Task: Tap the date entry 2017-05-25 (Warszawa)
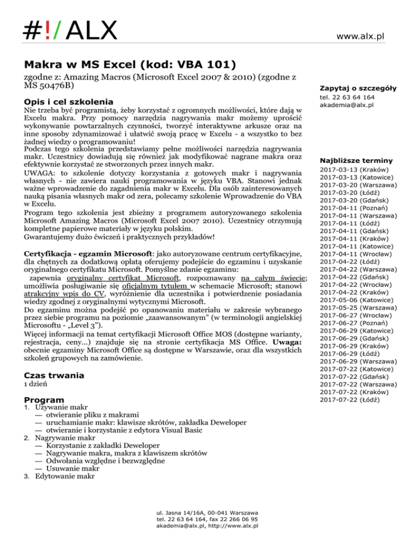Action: (x=351, y=306)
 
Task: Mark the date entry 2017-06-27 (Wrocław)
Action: (x=349, y=313)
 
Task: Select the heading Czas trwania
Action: (x=55, y=360)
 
